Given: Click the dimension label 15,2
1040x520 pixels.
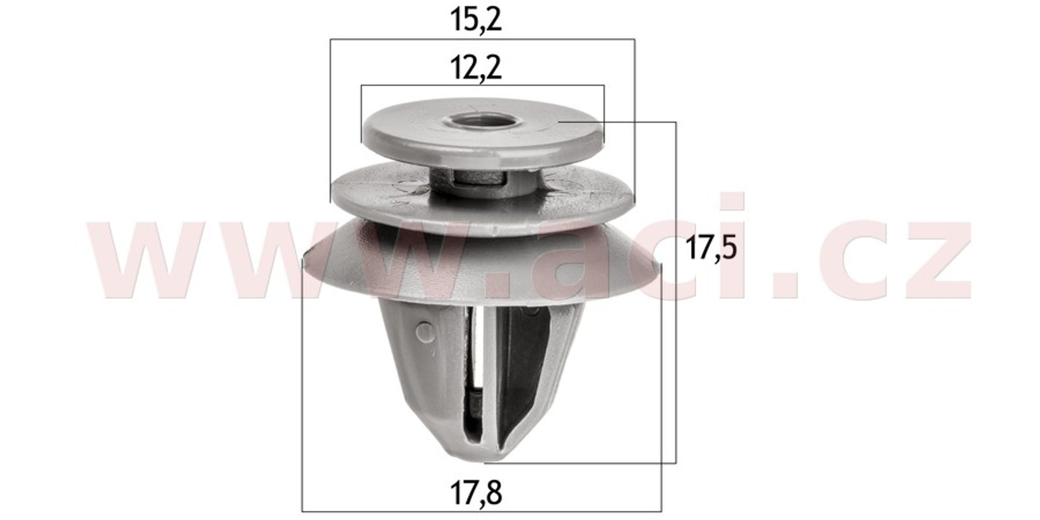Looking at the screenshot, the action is click(476, 20).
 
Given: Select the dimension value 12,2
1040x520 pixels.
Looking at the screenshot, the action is click(476, 68).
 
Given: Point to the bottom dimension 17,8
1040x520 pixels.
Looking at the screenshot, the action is click(476, 493).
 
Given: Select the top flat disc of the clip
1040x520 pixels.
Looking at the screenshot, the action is click(483, 132).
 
